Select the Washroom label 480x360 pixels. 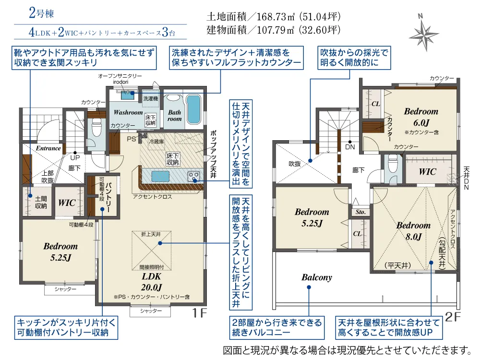click(128, 112)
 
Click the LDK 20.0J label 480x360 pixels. click(152, 282)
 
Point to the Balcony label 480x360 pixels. click(316, 277)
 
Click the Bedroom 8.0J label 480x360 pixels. click(413, 231)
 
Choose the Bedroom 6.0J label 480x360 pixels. click(421, 117)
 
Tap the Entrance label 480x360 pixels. click(48, 148)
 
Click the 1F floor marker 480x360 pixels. click(199, 313)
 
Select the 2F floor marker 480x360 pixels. click(453, 316)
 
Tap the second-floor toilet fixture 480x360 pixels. click(392, 163)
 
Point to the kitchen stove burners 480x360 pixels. click(194, 176)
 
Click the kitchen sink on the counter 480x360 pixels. click(160, 177)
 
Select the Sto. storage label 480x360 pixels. click(360, 212)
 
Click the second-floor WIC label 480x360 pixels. click(427, 171)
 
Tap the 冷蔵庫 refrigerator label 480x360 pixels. click(156, 142)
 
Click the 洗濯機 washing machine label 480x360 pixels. click(151, 98)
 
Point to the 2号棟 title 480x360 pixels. click(41, 13)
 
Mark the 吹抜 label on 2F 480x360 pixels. click(295, 164)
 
